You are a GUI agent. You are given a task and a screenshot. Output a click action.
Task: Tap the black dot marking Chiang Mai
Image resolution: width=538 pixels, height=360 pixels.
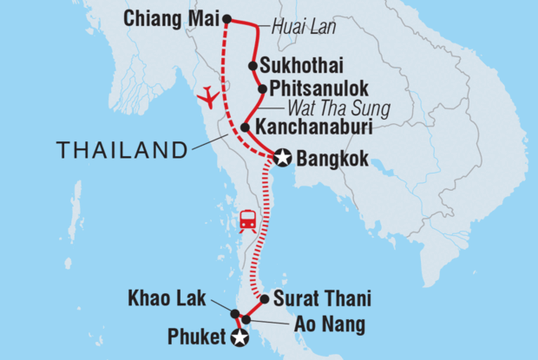point(227,19)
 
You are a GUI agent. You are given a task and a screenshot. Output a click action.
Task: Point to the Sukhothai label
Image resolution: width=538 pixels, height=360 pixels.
point(292,65)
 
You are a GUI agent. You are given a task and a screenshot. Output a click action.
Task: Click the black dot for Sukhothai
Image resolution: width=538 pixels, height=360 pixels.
point(252,65)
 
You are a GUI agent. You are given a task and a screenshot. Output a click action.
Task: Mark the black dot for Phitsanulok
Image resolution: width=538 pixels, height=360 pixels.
point(262,88)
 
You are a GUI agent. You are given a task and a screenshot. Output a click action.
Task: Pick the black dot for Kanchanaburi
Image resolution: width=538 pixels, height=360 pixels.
point(246,128)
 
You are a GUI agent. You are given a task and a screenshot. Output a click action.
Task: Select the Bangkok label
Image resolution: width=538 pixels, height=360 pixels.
point(332,159)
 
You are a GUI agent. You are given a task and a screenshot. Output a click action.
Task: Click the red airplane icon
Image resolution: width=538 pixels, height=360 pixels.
point(207,97)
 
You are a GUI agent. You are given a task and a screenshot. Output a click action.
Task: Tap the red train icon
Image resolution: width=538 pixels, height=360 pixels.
point(247,222)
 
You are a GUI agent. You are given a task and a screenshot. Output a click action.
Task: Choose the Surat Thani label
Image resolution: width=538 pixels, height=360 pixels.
point(322,299)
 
